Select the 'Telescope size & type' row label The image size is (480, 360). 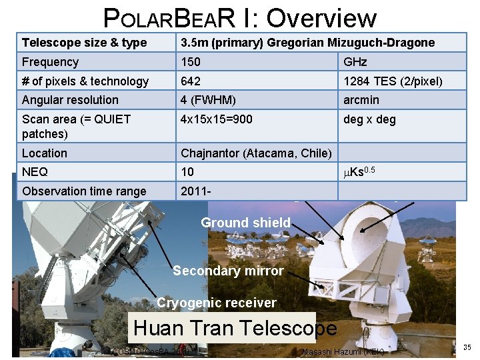pyautogui.click(x=84, y=43)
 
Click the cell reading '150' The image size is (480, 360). pyautogui.click(x=190, y=62)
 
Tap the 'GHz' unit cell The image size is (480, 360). pyautogui.click(x=355, y=62)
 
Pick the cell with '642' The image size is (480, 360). pyautogui.click(x=190, y=81)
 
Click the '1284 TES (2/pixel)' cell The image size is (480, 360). pyautogui.click(x=393, y=81)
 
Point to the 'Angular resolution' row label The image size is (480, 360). pyautogui.click(x=70, y=100)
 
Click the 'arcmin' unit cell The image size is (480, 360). pyautogui.click(x=361, y=100)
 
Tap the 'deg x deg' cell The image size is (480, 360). pyautogui.click(x=369, y=119)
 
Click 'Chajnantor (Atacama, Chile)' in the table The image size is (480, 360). pyautogui.click(x=256, y=153)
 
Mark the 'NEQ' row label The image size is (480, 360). pyautogui.click(x=35, y=172)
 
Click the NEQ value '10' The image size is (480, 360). pyautogui.click(x=188, y=172)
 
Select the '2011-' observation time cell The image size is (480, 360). pyautogui.click(x=197, y=191)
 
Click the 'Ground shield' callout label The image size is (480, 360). pyautogui.click(x=245, y=223)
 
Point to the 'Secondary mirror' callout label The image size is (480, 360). pyautogui.click(x=228, y=271)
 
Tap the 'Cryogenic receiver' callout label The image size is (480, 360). pyautogui.click(x=216, y=303)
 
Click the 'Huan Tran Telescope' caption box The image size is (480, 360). pyautogui.click(x=235, y=328)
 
